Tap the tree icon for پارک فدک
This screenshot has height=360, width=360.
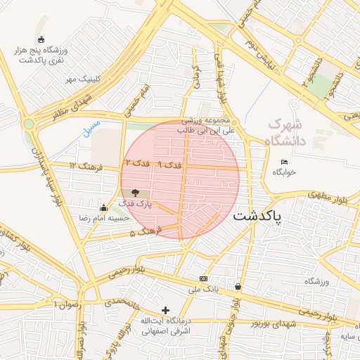(136, 193)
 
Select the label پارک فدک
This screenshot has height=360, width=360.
(136, 204)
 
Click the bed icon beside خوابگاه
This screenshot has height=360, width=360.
(284, 162)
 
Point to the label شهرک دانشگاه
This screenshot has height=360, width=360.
(285, 132)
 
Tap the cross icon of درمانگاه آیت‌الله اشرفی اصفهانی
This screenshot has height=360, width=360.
(166, 310)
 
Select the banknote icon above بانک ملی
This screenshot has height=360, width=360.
(204, 279)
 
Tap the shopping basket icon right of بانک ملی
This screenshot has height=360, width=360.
(238, 286)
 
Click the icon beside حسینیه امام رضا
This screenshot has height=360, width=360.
(104, 207)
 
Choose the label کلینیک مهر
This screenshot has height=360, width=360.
(80, 79)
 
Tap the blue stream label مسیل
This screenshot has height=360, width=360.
(91, 127)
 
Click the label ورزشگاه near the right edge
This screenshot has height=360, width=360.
(316, 282)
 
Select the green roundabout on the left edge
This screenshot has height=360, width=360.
(29, 124)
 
